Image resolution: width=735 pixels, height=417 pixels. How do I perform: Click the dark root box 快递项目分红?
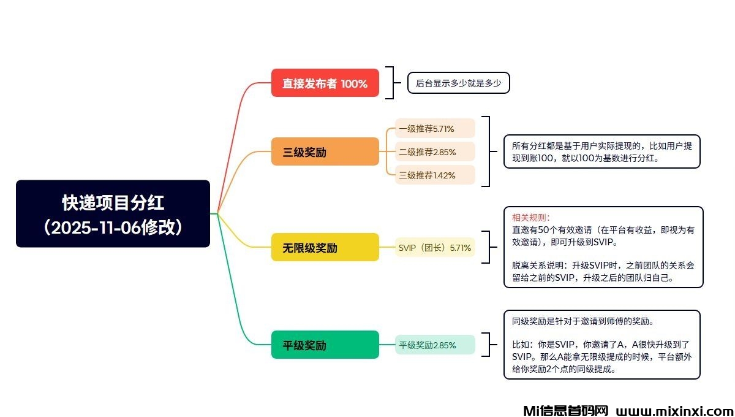(113, 213)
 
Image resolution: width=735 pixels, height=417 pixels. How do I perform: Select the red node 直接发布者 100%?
(325, 83)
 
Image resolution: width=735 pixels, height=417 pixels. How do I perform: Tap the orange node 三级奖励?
(325, 151)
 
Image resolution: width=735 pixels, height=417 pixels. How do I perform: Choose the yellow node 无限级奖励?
(325, 247)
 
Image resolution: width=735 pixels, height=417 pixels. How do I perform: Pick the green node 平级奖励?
(325, 345)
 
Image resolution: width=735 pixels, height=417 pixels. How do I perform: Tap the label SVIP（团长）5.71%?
(435, 247)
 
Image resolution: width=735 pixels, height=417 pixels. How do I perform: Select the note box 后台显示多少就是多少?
(459, 83)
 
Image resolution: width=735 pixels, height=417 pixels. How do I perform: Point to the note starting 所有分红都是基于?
(601, 151)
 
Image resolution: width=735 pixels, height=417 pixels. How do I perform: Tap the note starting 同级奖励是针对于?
(601, 345)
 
